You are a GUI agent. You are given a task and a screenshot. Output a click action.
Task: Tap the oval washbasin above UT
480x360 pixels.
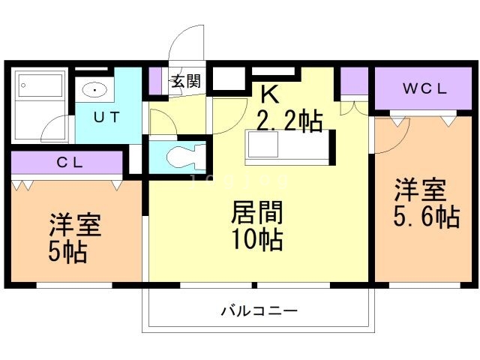click(x=95, y=91)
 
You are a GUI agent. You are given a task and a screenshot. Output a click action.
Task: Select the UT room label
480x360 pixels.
click(x=106, y=117)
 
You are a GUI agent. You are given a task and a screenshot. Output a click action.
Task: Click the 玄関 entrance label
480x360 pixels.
click(x=186, y=82)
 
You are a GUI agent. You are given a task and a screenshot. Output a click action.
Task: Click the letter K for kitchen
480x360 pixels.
click(x=269, y=94)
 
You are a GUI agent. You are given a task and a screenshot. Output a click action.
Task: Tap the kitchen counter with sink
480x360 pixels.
click(x=289, y=147)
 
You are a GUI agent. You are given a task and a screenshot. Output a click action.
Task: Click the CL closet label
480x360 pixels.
click(x=67, y=162)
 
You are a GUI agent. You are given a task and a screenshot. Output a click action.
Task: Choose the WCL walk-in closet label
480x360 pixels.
click(x=424, y=89)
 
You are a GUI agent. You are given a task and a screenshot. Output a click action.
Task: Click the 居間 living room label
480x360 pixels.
click(x=256, y=213)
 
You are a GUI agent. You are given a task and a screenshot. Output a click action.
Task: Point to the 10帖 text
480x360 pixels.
click(x=256, y=241)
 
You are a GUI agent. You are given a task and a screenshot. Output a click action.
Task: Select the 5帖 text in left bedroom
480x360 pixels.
click(x=68, y=251)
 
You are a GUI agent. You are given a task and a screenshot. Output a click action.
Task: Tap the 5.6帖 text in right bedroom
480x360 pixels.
click(x=425, y=217)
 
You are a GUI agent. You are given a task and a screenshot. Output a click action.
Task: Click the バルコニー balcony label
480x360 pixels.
click(x=259, y=310)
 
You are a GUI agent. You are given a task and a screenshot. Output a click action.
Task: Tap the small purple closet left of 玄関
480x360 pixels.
click(x=155, y=81)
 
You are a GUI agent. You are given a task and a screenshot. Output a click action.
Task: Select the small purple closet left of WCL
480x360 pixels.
click(x=354, y=79)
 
